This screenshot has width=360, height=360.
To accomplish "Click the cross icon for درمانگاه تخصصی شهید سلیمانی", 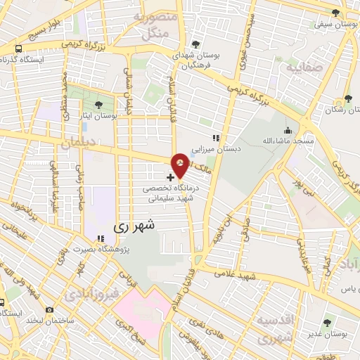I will (x=171, y=178).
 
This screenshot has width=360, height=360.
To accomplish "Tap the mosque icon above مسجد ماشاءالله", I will (x=288, y=131).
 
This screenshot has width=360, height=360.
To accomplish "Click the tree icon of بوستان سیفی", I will (x=335, y=13).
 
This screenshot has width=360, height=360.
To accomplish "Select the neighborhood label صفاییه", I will (x=302, y=68).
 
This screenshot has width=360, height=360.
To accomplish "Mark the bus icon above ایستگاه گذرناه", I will (x=18, y=49).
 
